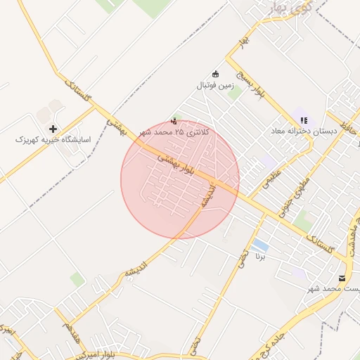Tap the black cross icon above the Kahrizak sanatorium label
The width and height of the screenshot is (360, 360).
coord(53,129)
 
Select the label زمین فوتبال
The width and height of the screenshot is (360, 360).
coord(214,85)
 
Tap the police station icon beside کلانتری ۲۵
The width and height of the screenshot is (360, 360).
coord(174,120)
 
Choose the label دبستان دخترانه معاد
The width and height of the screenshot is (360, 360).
coord(304,131)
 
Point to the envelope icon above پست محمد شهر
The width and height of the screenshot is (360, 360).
coord(342,278)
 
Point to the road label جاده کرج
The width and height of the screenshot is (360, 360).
coord(288,336)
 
